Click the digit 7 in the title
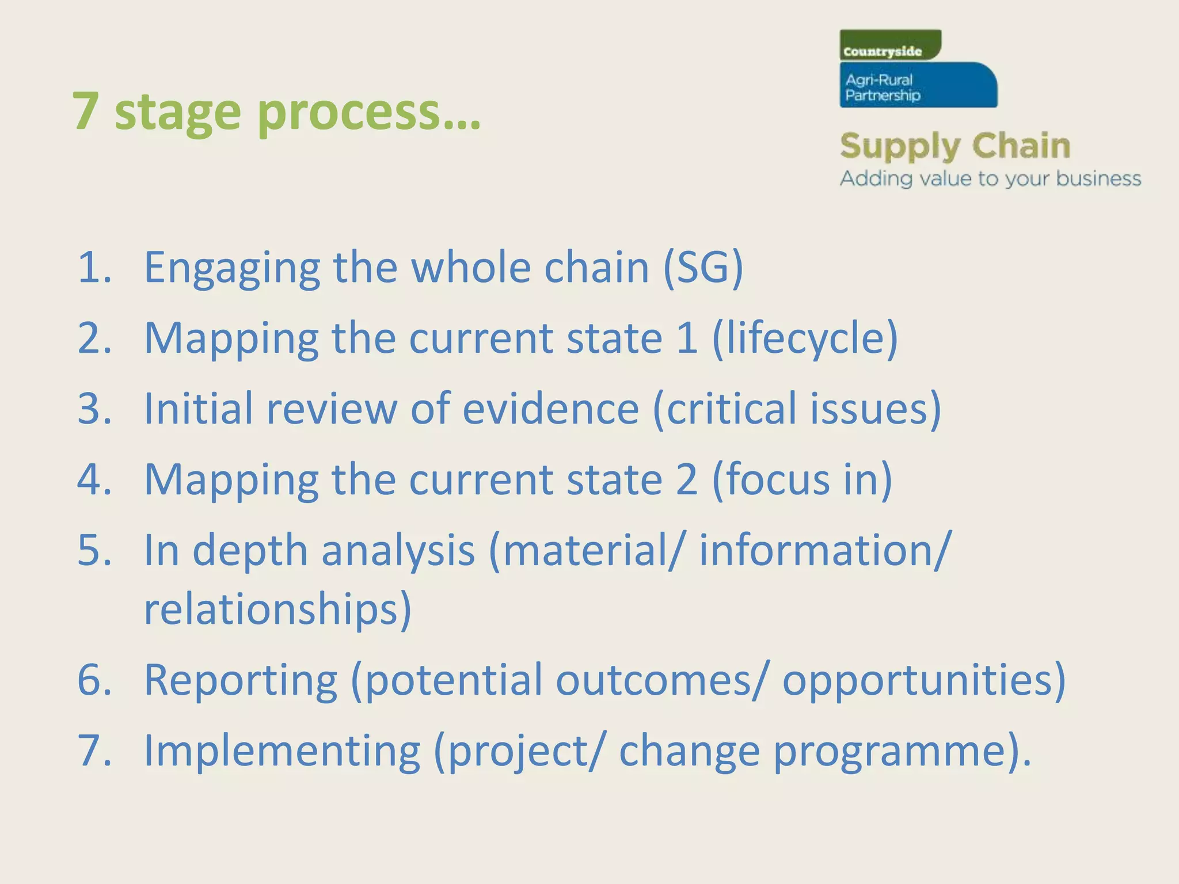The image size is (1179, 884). click(85, 111)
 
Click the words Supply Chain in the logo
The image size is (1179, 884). click(954, 146)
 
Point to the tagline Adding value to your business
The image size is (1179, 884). click(990, 179)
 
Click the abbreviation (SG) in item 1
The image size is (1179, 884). click(703, 268)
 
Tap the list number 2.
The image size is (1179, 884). click(94, 338)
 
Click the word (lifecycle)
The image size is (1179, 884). click(805, 340)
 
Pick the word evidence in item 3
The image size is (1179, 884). click(551, 409)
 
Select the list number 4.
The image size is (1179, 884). click(94, 479)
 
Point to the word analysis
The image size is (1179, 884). click(398, 551)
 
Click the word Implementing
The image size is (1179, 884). click(282, 752)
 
